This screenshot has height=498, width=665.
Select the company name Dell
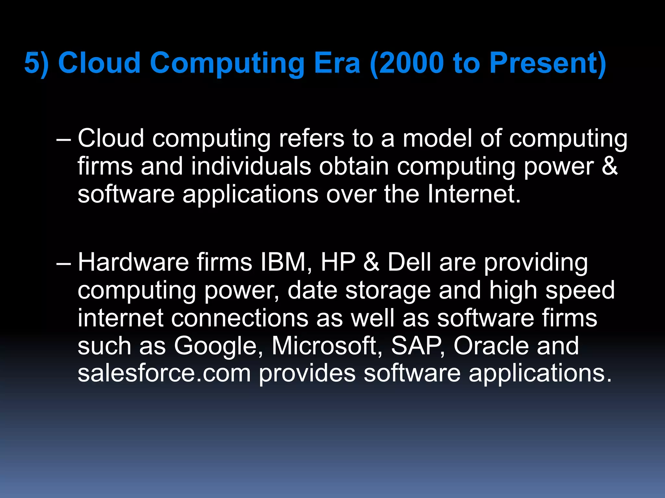click(409, 262)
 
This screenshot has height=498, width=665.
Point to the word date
click(312, 290)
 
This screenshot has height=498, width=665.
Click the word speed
click(580, 291)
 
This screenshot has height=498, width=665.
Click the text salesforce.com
click(164, 373)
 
